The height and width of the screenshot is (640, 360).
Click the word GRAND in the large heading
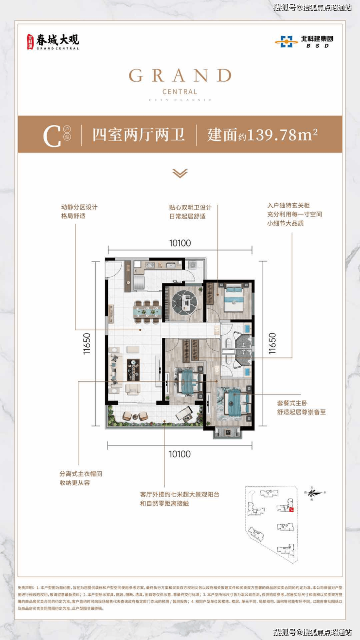(180, 76)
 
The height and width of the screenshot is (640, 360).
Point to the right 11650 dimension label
(272, 344)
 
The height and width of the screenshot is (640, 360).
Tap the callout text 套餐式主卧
(292, 403)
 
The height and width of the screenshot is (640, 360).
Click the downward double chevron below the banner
(180, 173)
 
